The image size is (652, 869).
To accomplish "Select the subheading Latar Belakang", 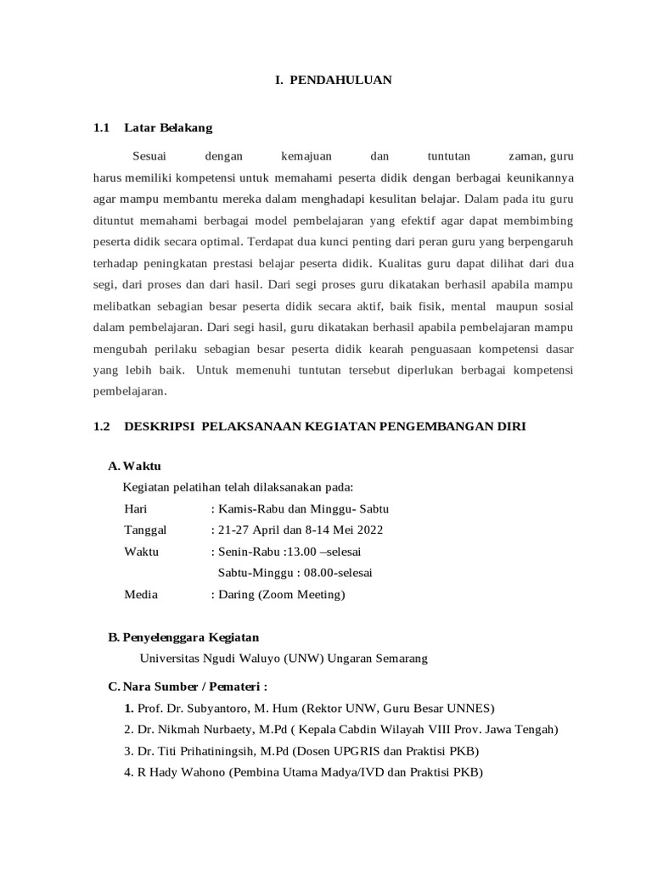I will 168,128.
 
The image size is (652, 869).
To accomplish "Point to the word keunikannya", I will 538,178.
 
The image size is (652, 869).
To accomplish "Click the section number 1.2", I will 102,427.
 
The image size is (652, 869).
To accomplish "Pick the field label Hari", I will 136,508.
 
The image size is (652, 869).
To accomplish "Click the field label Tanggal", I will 146,530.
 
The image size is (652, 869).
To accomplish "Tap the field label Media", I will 141,594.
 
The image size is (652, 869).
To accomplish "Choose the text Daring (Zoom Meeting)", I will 281,594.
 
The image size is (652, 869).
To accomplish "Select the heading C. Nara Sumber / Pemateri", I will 188,687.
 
